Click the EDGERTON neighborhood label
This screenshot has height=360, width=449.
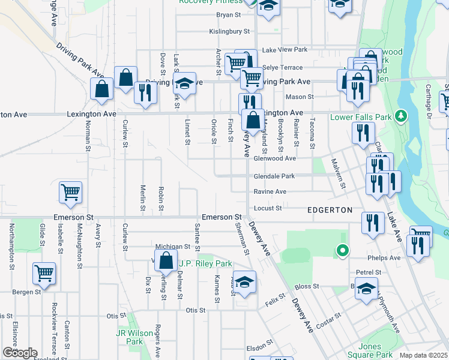coord(330,210)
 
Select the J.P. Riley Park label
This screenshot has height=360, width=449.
coord(205,263)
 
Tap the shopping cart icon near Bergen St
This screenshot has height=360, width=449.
coord(44,274)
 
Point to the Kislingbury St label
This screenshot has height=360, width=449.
coord(229,31)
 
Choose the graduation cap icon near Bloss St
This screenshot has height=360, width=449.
coord(366,289)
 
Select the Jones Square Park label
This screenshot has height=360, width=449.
coord(370,350)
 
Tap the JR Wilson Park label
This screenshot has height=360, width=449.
coord(135,337)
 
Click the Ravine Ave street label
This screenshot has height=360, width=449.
coord(270,191)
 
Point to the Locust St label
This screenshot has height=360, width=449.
coord(268,208)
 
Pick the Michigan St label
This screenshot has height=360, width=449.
coord(172,247)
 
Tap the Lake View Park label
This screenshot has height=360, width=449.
coord(285,49)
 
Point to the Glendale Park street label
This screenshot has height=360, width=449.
coord(274,176)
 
